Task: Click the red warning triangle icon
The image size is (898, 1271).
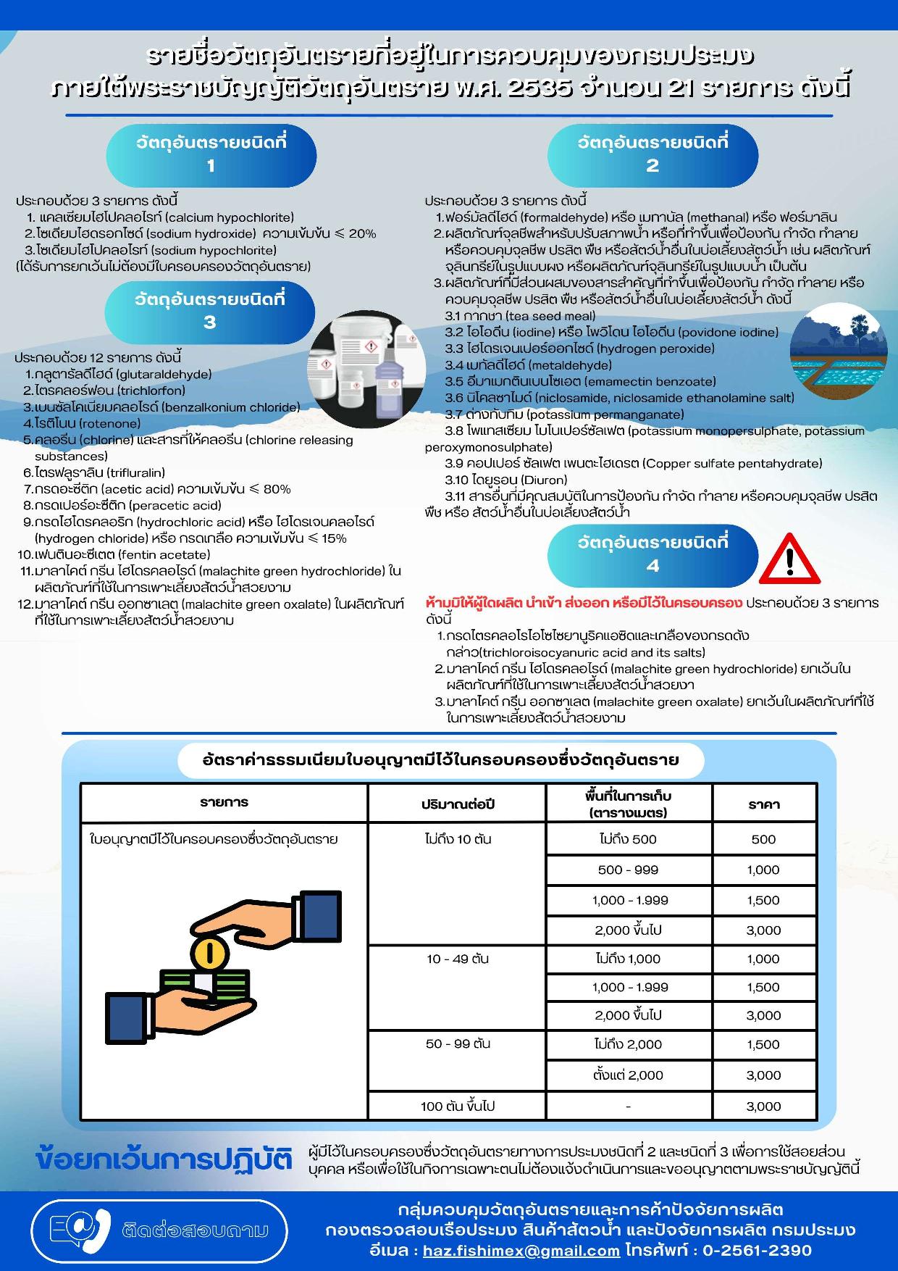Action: pyautogui.click(x=790, y=561)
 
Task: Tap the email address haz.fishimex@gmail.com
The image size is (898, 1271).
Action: pyautogui.click(x=521, y=1251)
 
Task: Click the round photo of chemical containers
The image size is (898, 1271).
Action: pyautogui.click(x=364, y=368)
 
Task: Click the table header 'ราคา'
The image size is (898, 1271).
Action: pyautogui.click(x=763, y=804)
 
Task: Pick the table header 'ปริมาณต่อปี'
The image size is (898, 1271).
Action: pyautogui.click(x=458, y=804)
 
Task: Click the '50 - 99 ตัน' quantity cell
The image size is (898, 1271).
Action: pyautogui.click(x=458, y=1044)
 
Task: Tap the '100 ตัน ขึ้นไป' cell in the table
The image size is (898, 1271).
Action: pyautogui.click(x=458, y=1107)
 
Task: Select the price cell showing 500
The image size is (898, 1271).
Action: pyautogui.click(x=763, y=840)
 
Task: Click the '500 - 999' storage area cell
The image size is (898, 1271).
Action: pyautogui.click(x=628, y=870)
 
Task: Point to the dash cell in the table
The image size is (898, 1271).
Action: pyautogui.click(x=628, y=1107)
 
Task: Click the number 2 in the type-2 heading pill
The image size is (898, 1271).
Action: pyautogui.click(x=652, y=166)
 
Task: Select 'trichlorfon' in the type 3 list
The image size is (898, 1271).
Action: pyautogui.click(x=151, y=391)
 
